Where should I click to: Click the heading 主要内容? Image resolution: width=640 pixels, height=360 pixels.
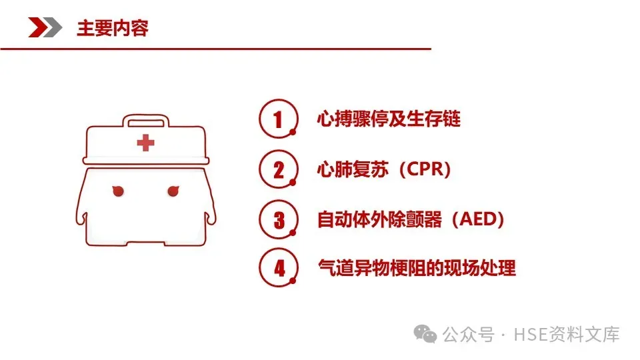[x=112, y=28]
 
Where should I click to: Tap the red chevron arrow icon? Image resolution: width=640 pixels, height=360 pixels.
[x=38, y=27]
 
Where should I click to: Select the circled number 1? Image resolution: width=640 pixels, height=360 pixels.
[x=279, y=119]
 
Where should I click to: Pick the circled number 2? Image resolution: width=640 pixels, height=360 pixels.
[x=279, y=169]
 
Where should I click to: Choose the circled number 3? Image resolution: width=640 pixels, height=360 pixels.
[x=279, y=219]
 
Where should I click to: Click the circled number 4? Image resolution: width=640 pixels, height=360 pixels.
[x=279, y=268]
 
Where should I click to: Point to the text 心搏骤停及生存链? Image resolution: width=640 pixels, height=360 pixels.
[x=389, y=119]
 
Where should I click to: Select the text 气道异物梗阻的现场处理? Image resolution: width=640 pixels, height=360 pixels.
[x=417, y=268]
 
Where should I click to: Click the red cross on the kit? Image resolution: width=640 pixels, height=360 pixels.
[x=146, y=143]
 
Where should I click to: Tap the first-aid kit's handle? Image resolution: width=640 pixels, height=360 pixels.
[x=146, y=121]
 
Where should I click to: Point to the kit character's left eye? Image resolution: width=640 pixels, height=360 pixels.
[x=118, y=191]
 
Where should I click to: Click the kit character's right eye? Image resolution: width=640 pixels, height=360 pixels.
[x=173, y=191]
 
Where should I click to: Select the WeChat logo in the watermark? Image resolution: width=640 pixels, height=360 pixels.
[x=425, y=334]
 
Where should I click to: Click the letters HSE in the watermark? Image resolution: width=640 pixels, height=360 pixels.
[x=531, y=335]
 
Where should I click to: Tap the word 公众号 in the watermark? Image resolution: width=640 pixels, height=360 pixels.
[x=469, y=335]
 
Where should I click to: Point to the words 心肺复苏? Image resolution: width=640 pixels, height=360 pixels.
[x=353, y=169]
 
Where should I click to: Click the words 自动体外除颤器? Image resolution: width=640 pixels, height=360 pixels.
[x=379, y=219]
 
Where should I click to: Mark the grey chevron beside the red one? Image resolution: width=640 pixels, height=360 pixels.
[x=54, y=27]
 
